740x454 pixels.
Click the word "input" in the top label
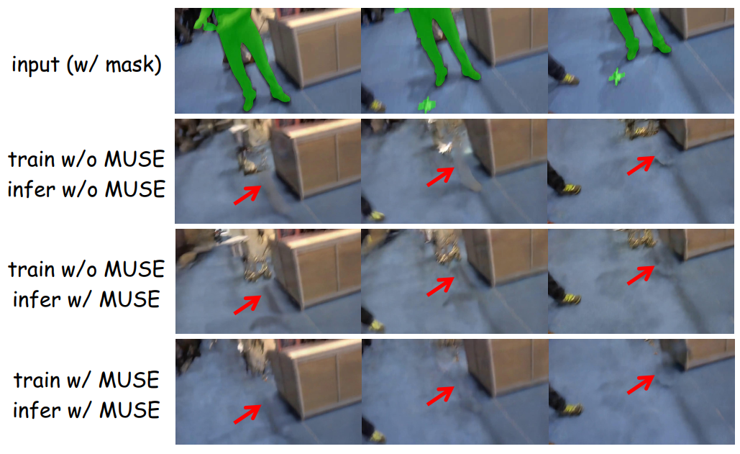tap(35, 64)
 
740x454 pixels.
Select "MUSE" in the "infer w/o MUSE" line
tap(135, 189)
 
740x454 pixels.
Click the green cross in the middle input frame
tap(427, 104)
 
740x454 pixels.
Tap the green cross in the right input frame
tap(616, 76)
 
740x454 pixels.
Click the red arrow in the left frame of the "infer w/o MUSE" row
tap(247, 195)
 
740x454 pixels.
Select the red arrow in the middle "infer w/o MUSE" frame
tap(440, 176)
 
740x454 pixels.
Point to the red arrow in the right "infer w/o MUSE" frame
tap(641, 165)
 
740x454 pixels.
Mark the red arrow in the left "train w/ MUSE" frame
tap(247, 414)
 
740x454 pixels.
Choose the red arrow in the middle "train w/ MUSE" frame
tap(440, 396)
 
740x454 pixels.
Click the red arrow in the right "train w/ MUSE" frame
tap(641, 384)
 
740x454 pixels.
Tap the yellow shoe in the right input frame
tap(570, 79)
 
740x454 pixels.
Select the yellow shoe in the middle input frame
tap(377, 106)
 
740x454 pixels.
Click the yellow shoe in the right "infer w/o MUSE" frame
tap(570, 189)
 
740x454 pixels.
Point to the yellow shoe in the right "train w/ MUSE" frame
tap(571, 409)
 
